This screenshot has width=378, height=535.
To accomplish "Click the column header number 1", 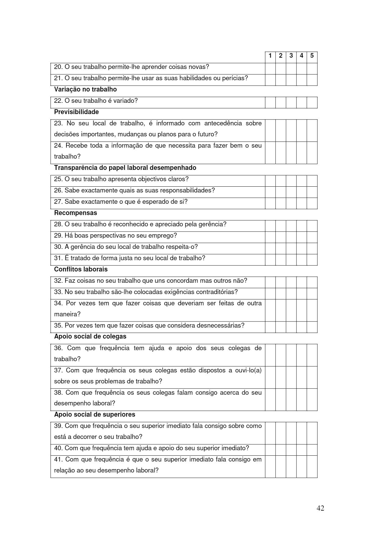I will point(270,56).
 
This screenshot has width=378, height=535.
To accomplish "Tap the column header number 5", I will point(312,56).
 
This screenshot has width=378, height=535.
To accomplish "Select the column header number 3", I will point(291,56).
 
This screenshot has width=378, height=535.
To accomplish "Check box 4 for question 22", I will point(301,102).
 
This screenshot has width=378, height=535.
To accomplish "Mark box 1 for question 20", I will point(270,69).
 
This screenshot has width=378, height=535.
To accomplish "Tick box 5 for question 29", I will point(312,237).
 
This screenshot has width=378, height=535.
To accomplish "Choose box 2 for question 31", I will point(281,260).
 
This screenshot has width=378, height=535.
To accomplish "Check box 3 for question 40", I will point(291,450).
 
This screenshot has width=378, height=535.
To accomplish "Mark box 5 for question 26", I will point(312,192).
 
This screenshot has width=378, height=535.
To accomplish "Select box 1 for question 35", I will point(270,327).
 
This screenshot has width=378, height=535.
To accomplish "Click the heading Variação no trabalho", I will point(85,89).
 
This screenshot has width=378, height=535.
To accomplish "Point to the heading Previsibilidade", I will point(76,112).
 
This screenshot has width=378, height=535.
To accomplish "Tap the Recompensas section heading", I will point(75,213).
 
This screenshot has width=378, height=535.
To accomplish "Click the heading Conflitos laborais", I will point(81,269).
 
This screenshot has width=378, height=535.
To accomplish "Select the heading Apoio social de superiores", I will point(95,415).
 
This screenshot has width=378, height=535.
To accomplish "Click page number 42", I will point(320,508).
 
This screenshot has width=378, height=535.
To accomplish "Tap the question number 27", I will point(58,202).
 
